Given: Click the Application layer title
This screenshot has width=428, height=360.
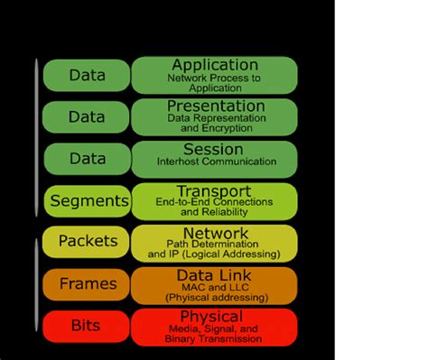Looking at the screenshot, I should (215, 65).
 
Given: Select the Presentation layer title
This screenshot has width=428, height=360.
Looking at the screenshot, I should (215, 106).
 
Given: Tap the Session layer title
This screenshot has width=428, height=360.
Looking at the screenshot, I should (214, 149).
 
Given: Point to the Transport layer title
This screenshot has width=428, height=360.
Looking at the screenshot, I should (214, 191).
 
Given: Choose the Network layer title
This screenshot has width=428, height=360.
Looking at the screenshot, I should (214, 233).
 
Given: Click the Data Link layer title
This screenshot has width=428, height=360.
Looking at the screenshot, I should (214, 274).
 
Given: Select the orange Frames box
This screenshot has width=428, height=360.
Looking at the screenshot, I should (87, 284).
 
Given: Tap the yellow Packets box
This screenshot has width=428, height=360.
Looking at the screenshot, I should (87, 242).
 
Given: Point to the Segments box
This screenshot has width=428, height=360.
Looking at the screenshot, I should (87, 200).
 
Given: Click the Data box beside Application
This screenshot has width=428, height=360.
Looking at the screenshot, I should (87, 75).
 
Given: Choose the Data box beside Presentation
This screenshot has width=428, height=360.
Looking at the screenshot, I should (87, 116).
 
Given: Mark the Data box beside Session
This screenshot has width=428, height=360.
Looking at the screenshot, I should (87, 159).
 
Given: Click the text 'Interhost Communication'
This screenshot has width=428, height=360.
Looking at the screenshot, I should (214, 162).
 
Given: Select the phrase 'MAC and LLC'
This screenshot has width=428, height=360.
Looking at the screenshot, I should (214, 287).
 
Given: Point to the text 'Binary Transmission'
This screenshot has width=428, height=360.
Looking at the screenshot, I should (214, 339).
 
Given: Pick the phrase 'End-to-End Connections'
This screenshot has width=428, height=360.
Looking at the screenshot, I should (214, 203).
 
